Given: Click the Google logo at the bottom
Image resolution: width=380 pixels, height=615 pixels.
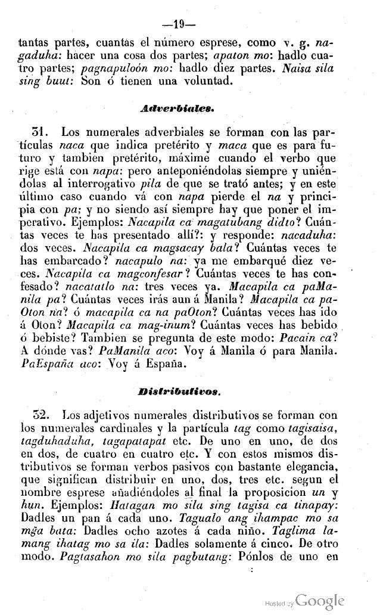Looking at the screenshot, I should pos(320,600).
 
